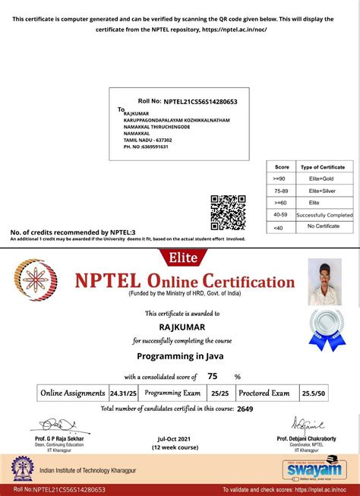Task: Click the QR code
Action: [226, 212]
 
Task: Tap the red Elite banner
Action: [179, 257]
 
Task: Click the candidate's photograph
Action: [324, 281]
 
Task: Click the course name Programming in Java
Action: [179, 355]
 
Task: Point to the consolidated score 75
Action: [212, 376]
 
